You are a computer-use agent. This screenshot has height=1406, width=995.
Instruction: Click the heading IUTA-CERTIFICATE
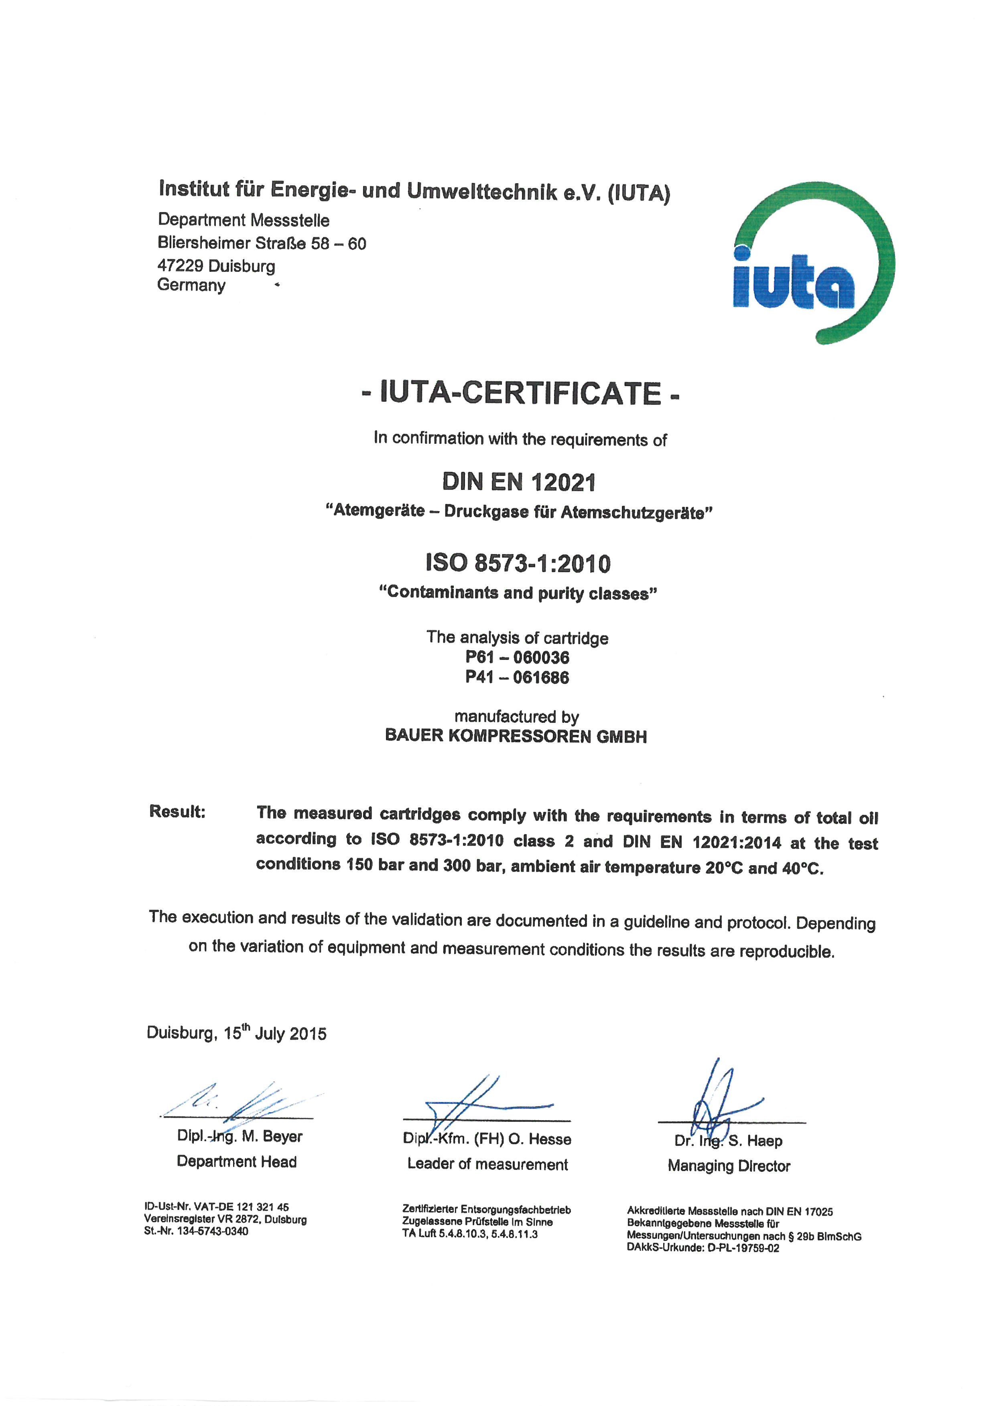[x=521, y=393]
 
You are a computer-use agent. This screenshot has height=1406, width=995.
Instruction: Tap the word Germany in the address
[x=191, y=285]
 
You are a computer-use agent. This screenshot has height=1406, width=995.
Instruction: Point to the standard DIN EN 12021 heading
[x=519, y=483]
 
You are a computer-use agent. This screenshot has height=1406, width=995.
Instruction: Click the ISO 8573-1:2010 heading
[x=518, y=563]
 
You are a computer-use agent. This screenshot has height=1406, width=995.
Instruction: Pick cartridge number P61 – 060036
[x=517, y=657]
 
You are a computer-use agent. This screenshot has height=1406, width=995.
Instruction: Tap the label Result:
[x=177, y=812]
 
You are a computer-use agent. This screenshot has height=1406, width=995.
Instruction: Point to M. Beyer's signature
[x=245, y=1102]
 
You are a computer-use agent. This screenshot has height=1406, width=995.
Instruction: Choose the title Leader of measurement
[x=488, y=1164]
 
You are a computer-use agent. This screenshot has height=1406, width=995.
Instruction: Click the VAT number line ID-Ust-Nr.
[x=216, y=1207]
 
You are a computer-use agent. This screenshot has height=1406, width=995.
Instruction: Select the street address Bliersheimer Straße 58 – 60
[x=262, y=244]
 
